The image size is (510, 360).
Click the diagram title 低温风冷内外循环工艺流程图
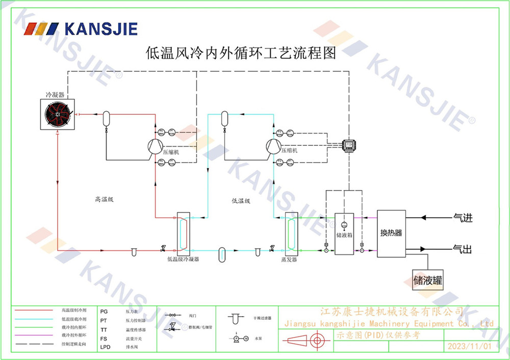click(241, 53)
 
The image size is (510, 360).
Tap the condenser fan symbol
click(58, 115)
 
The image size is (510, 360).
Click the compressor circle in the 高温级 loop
click(155, 146)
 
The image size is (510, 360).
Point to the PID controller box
click(349, 145)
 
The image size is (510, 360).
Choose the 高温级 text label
click(104, 199)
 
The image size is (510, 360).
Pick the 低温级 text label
click(241, 201)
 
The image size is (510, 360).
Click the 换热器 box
click(391, 233)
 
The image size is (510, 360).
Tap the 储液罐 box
click(428, 280)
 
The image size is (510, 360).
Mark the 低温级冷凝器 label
click(183, 260)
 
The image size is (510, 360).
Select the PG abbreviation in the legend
click(104, 311)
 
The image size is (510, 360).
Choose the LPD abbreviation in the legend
click(106, 347)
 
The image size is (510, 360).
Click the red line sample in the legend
click(34, 310)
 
